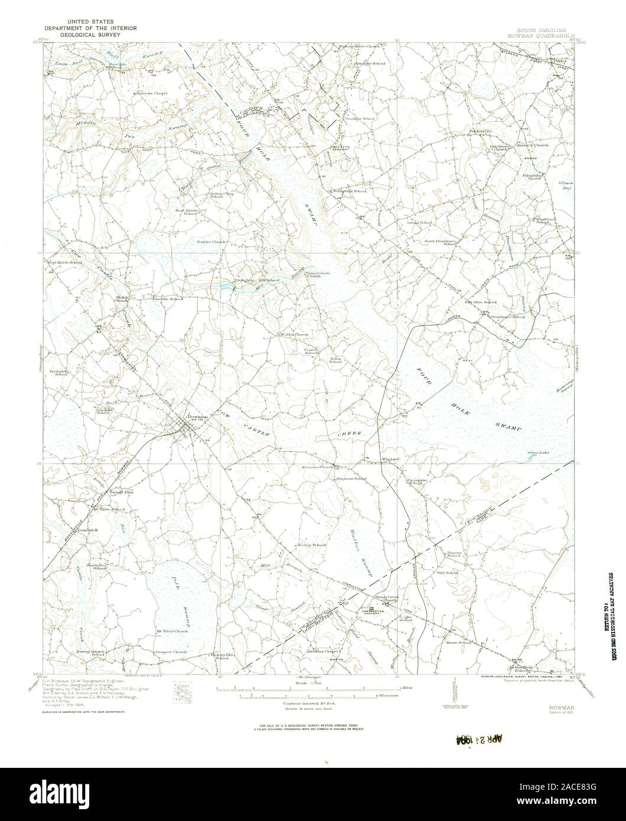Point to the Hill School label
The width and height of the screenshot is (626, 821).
coord(447,573)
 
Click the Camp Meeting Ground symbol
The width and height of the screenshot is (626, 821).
coord(371,609)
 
